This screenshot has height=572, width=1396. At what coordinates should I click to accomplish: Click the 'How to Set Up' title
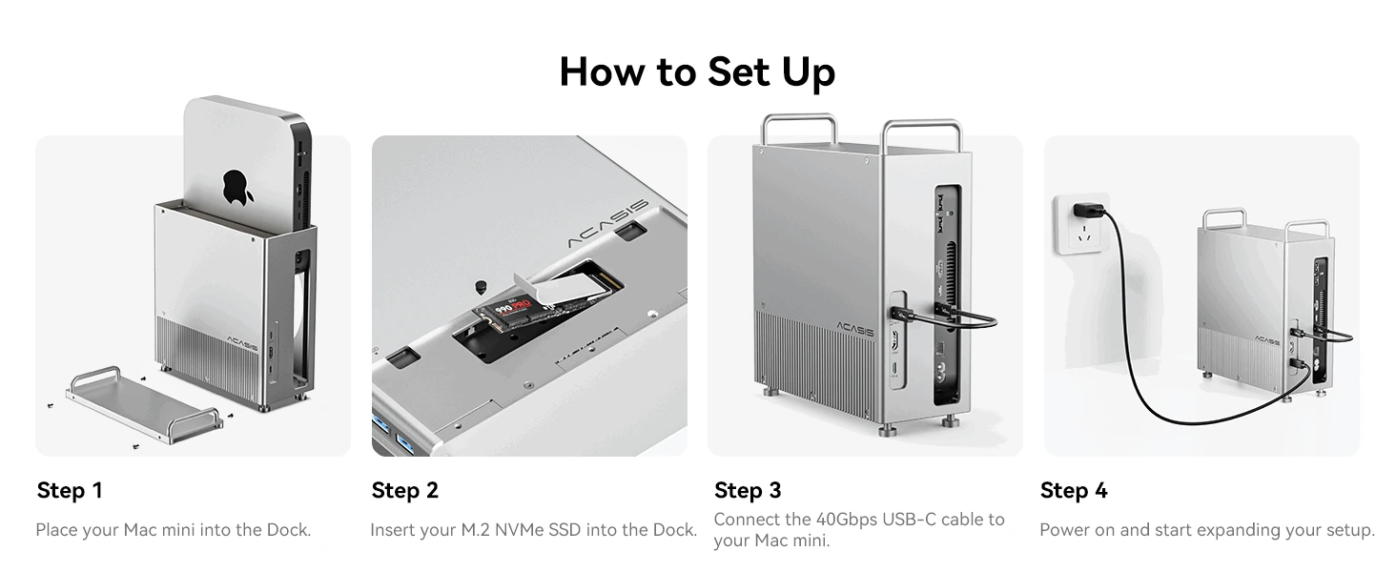pos(697,72)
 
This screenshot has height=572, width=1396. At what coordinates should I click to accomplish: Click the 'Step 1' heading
pos(69,490)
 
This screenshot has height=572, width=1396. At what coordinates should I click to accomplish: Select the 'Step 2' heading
pos(404,490)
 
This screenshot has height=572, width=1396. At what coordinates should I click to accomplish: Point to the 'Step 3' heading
pos(747,490)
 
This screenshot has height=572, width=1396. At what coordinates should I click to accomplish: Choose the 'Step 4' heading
pos(1074,490)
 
